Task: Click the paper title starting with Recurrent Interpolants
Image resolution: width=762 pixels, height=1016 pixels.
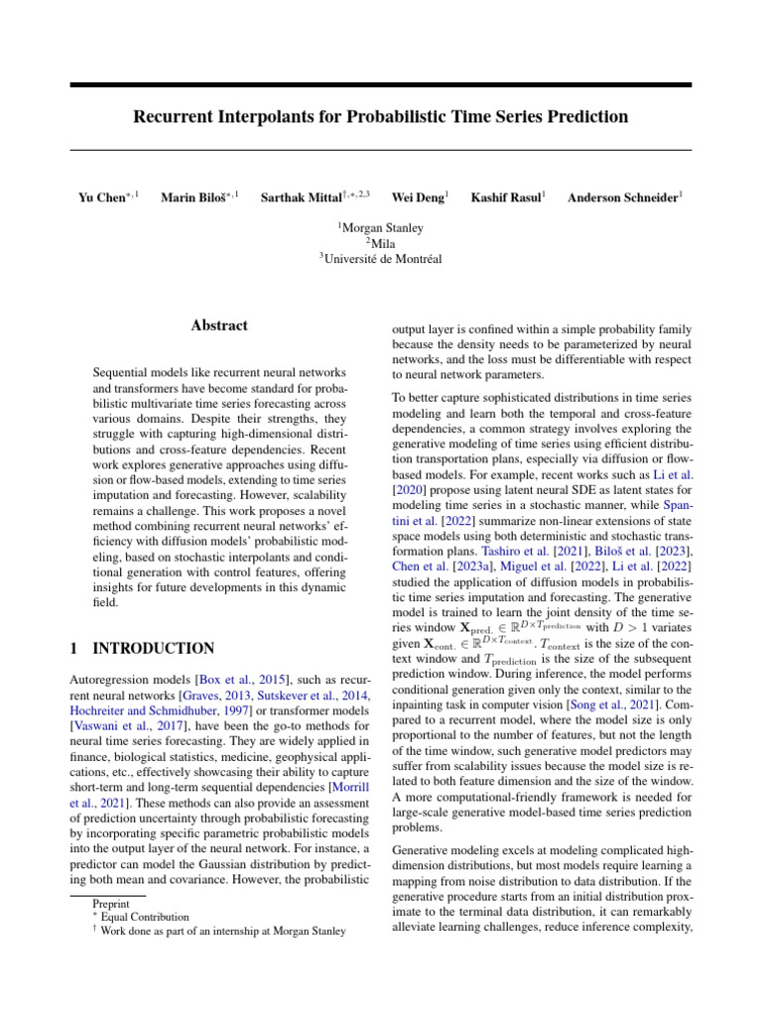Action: click(381, 117)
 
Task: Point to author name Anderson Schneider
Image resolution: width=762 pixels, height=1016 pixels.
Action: click(622, 198)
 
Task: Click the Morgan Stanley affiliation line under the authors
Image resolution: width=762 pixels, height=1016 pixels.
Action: click(381, 228)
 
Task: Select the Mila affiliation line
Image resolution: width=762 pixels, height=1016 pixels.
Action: click(381, 244)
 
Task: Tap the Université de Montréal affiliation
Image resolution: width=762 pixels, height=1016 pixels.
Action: click(381, 260)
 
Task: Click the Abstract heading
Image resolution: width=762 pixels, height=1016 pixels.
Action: click(219, 325)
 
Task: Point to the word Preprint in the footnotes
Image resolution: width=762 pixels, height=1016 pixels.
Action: click(110, 905)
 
